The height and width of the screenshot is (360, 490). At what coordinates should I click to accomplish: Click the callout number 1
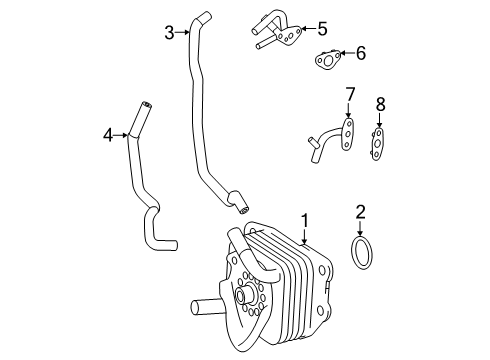pyautogui.click(x=305, y=221)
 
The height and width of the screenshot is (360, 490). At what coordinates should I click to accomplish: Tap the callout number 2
pyautogui.click(x=360, y=212)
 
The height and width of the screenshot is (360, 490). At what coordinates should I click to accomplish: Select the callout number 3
pyautogui.click(x=170, y=33)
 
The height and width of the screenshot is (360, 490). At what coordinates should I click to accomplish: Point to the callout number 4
pyautogui.click(x=108, y=135)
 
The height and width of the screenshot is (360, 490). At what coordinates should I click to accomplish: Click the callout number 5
pyautogui.click(x=322, y=29)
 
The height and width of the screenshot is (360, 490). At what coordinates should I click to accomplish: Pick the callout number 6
pyautogui.click(x=361, y=53)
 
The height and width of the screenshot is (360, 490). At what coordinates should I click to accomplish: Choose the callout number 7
pyautogui.click(x=350, y=94)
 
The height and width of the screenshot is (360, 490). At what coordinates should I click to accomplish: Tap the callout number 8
pyautogui.click(x=380, y=104)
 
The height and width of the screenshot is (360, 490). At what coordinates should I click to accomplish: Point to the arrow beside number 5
pyautogui.click(x=308, y=29)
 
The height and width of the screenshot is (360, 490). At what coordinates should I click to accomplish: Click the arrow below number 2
pyautogui.click(x=360, y=229)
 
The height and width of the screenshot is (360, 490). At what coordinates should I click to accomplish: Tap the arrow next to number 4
pyautogui.click(x=121, y=135)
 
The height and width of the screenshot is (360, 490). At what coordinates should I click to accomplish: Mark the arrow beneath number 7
pyautogui.click(x=348, y=110)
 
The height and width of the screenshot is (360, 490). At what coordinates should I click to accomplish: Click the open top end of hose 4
pyautogui.click(x=147, y=105)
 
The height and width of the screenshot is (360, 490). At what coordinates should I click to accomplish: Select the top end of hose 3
pyautogui.click(x=204, y=16)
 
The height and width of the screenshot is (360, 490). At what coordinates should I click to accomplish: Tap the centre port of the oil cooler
pyautogui.click(x=241, y=295)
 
